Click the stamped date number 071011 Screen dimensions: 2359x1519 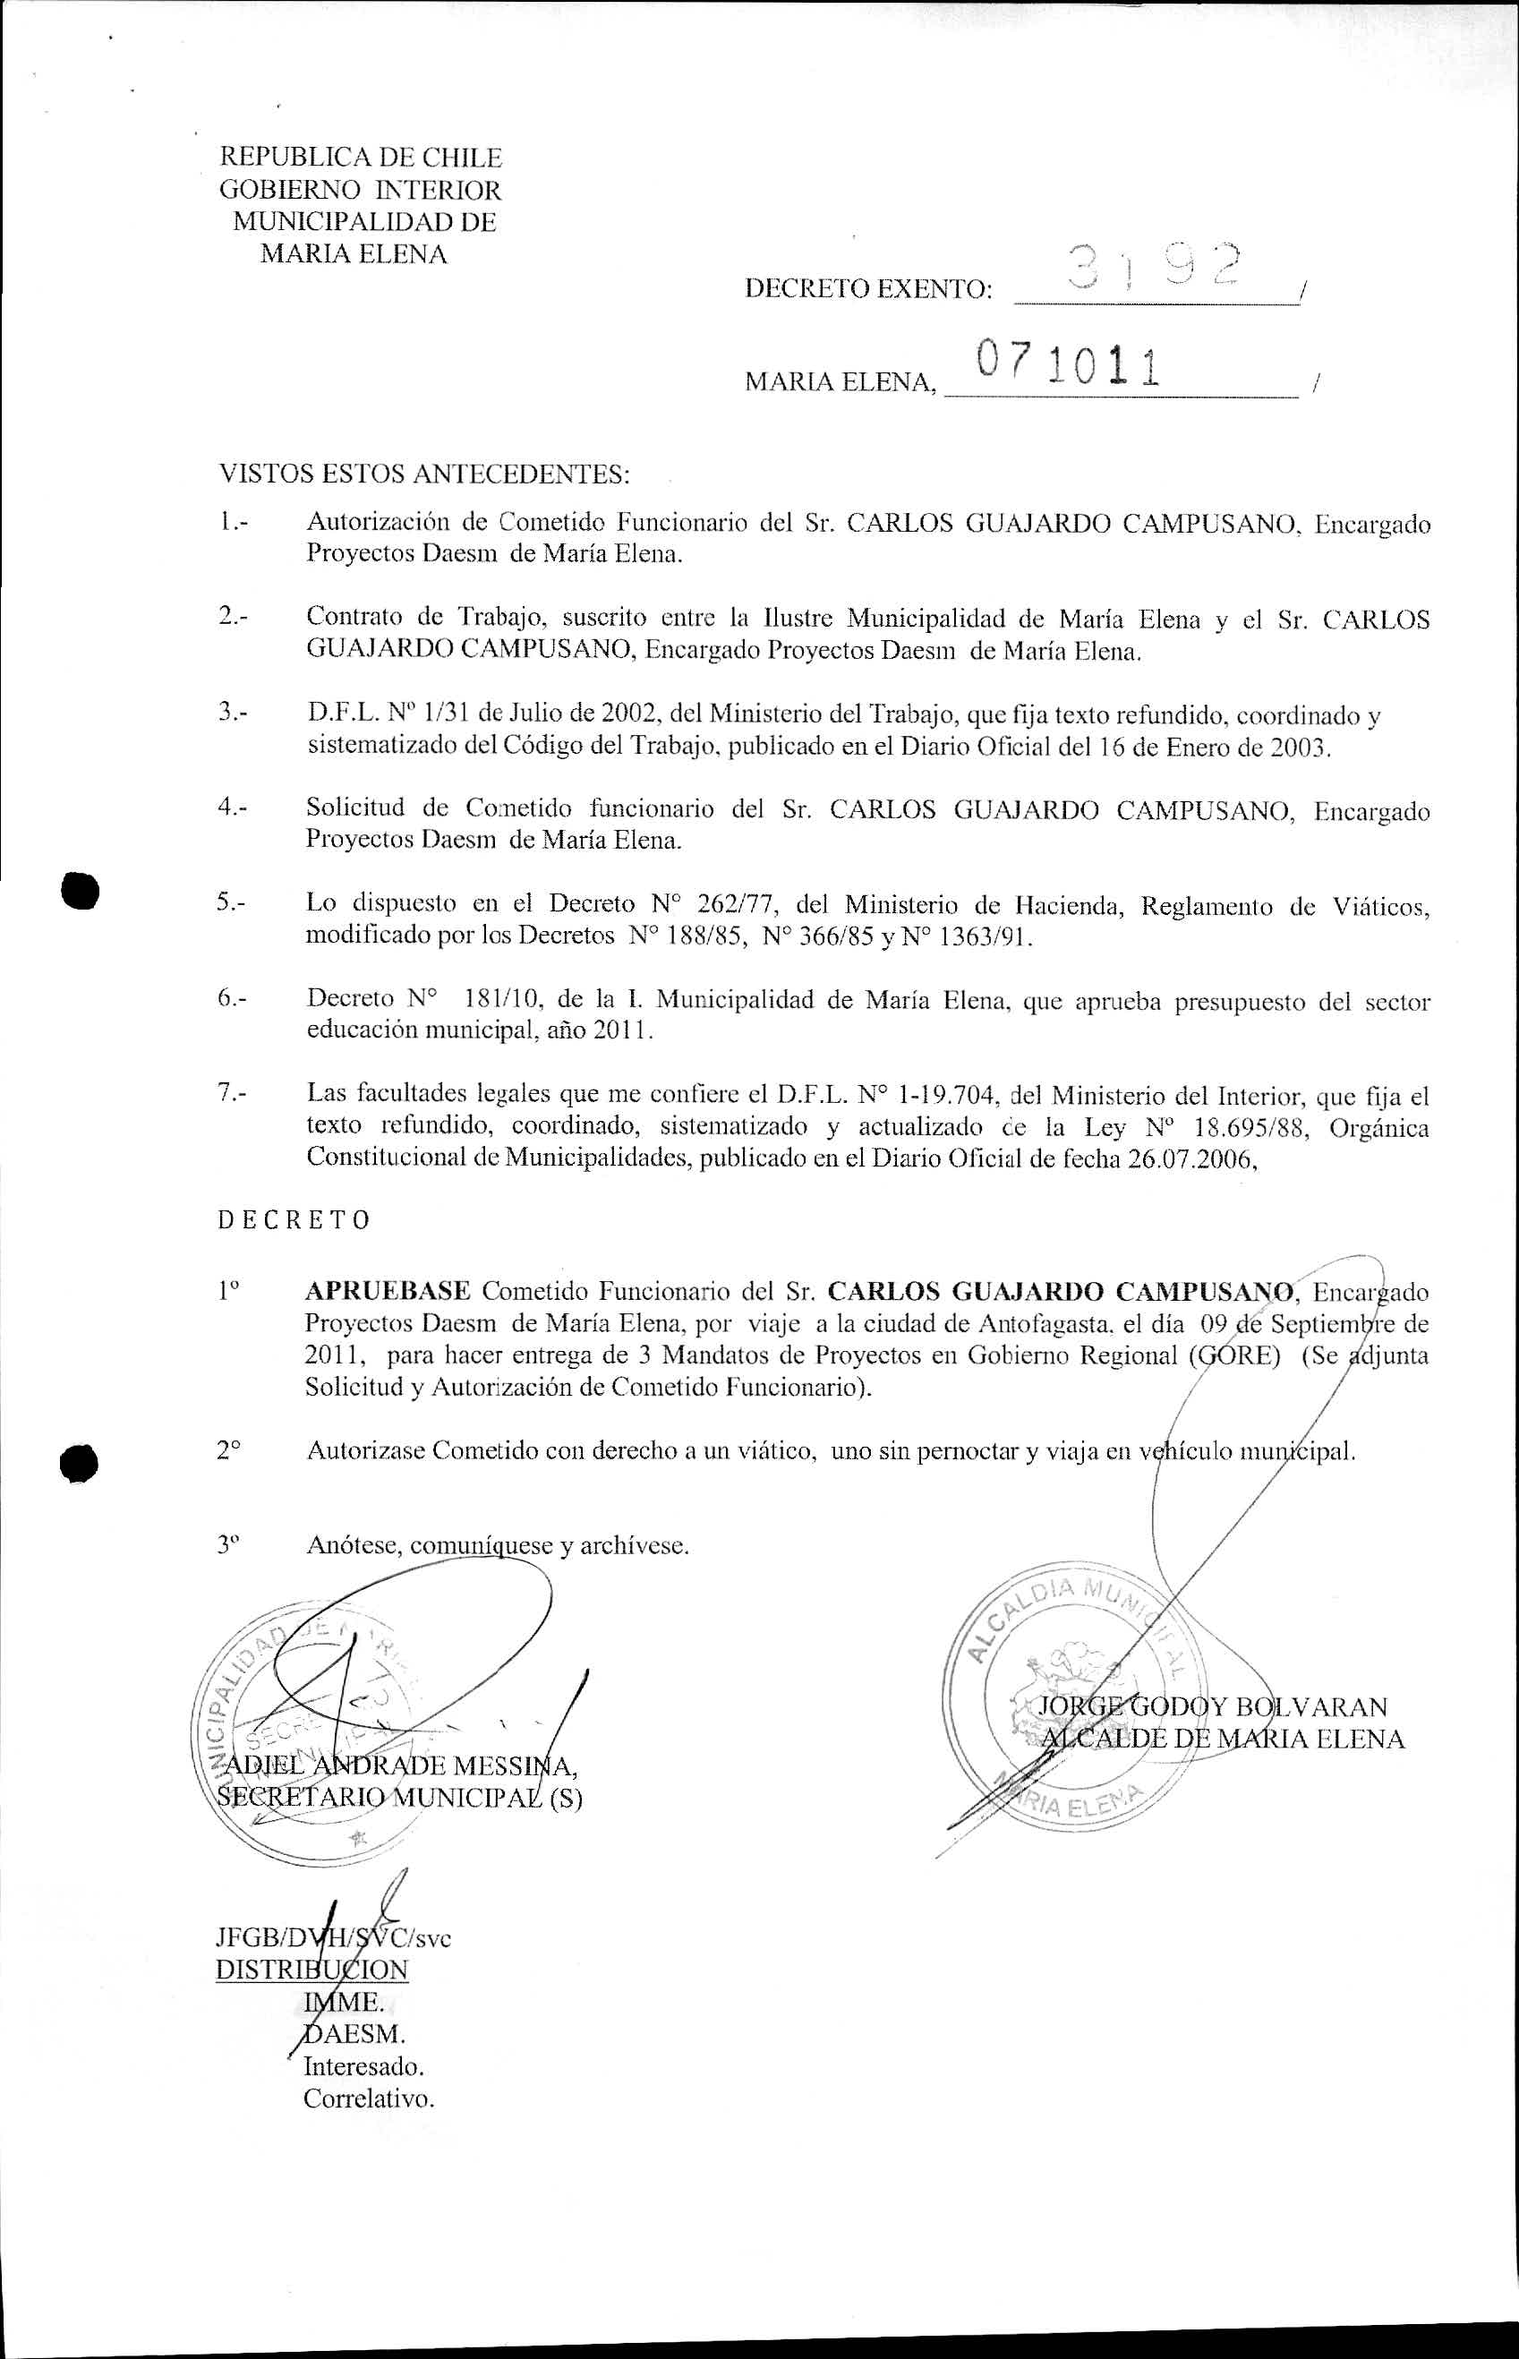[x=1065, y=365]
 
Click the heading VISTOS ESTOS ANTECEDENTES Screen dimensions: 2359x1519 [x=423, y=474]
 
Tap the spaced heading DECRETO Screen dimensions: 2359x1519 [x=294, y=1220]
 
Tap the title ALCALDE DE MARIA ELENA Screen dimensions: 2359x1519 [x=1223, y=1739]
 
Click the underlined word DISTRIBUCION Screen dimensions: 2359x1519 [x=311, y=1970]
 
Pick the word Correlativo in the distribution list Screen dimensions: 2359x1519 [x=368, y=2098]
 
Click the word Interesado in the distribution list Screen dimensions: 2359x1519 [x=363, y=2066]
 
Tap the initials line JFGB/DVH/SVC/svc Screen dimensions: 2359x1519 [x=332, y=1937]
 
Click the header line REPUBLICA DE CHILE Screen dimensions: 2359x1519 [x=360, y=158]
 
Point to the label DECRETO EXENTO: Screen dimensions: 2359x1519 [x=869, y=289]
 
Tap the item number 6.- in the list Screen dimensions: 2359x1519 [x=233, y=998]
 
